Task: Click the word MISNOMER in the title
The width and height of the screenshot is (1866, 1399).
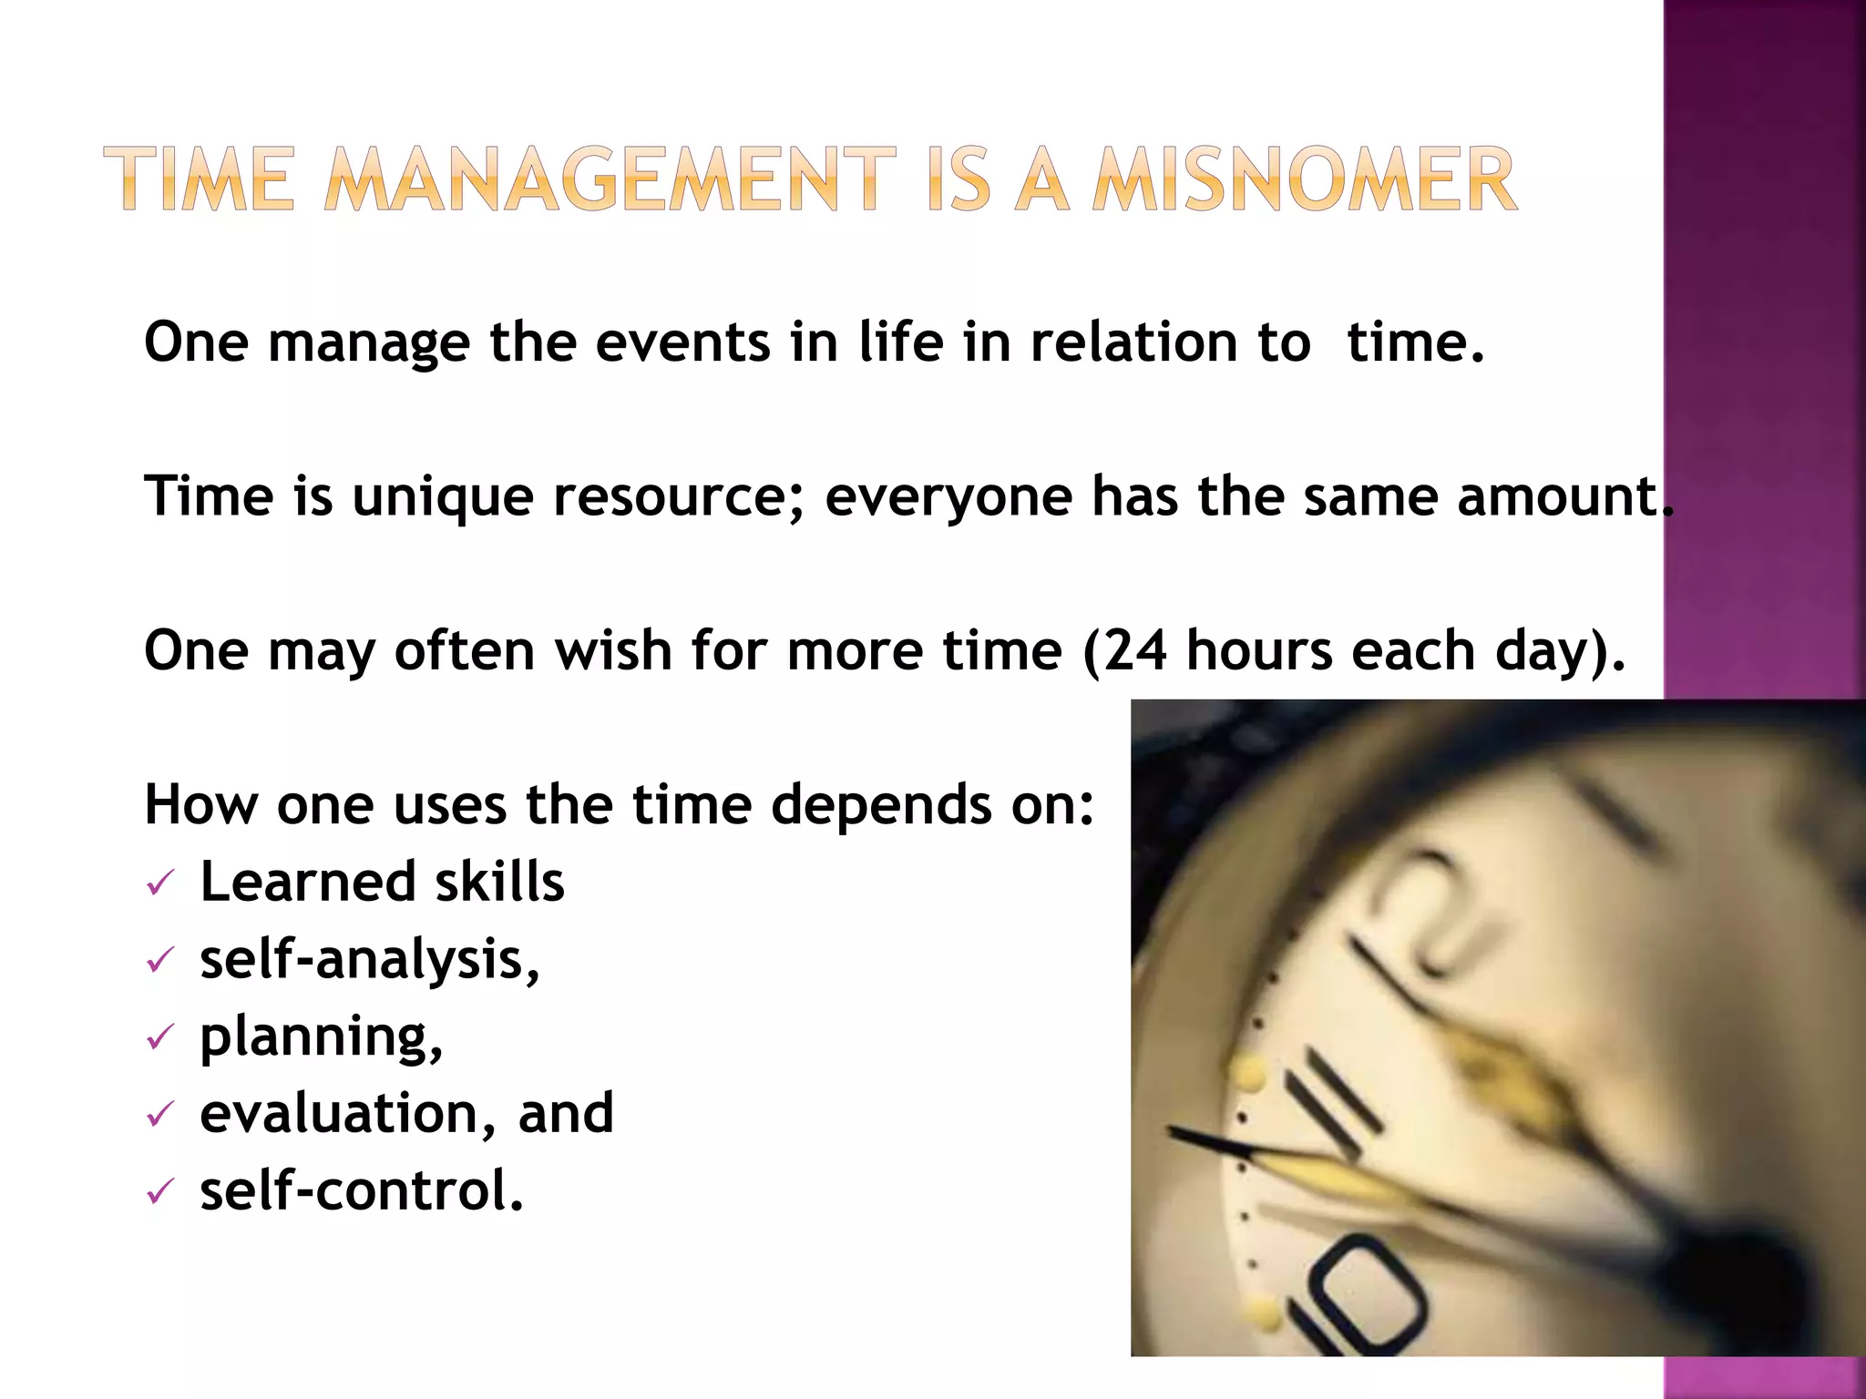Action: pyautogui.click(x=1305, y=180)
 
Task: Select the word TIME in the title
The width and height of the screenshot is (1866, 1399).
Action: pyautogui.click(x=200, y=180)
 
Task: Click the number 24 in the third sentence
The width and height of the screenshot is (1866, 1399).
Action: pyautogui.click(x=1134, y=651)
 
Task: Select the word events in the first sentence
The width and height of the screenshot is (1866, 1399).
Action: pyautogui.click(x=682, y=342)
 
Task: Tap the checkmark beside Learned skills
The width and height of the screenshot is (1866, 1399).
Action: pyautogui.click(x=159, y=883)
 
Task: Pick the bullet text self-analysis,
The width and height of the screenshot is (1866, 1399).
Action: pyautogui.click(x=369, y=960)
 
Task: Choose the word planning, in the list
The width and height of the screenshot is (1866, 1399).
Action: pyautogui.click(x=321, y=1037)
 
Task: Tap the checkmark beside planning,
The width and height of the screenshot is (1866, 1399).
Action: pyautogui.click(x=159, y=1037)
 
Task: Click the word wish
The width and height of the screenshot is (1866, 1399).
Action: pyautogui.click(x=612, y=651)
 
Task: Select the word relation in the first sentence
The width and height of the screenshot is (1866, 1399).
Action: pyautogui.click(x=1133, y=342)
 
